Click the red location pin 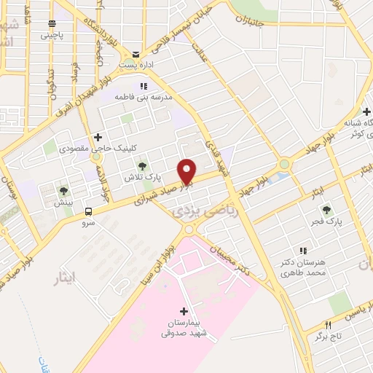188,171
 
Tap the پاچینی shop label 52,34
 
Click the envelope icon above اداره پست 136,52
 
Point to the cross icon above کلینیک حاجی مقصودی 98,136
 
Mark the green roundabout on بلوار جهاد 283,164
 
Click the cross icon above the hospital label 183,311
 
